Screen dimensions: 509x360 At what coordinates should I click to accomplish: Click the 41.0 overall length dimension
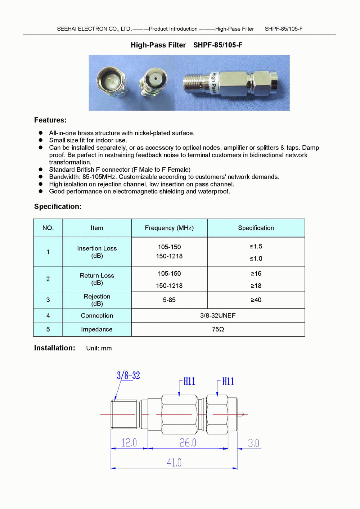click(x=174, y=463)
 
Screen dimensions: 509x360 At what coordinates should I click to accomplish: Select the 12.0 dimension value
click(x=129, y=442)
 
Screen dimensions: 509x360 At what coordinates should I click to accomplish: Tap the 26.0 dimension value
click(x=188, y=442)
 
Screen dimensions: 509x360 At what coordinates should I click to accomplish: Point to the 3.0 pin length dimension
click(x=253, y=443)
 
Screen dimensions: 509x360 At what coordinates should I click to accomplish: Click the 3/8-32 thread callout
click(x=128, y=375)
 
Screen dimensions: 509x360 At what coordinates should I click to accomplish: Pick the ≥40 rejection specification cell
click(x=256, y=300)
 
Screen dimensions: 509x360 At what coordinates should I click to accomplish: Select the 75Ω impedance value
click(x=218, y=329)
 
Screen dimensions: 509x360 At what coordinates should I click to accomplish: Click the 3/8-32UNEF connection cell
click(x=218, y=316)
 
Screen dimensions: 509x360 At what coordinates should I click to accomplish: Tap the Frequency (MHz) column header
click(x=169, y=228)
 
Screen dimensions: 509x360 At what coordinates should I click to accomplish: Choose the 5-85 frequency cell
click(x=169, y=300)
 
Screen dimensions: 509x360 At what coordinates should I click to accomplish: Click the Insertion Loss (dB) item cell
click(x=97, y=252)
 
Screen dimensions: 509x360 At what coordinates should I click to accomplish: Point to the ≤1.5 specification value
click(x=256, y=247)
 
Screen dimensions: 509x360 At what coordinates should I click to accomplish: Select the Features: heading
click(x=50, y=120)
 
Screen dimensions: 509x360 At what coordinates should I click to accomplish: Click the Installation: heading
click(x=55, y=348)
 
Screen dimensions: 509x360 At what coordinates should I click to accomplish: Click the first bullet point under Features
click(x=41, y=133)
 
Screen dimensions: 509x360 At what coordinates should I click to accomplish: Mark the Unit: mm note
click(x=99, y=348)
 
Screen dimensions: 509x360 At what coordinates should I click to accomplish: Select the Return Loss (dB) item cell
click(x=97, y=279)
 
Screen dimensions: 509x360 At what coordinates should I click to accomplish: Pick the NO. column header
click(x=48, y=228)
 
